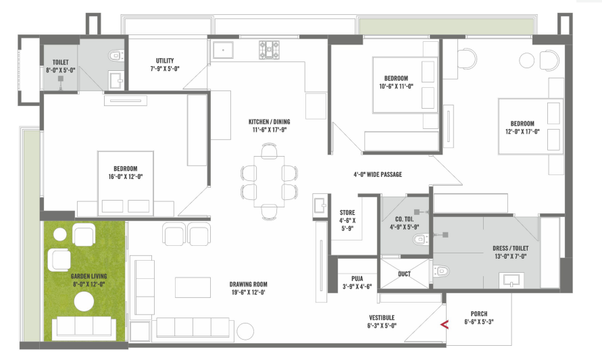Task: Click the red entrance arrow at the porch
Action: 444,325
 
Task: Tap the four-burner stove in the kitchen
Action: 269,50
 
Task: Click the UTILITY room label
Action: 165,61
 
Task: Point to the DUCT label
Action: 404,274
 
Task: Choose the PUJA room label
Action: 357,279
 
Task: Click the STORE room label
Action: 347,213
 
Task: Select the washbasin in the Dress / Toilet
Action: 511,280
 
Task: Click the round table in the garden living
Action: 84,302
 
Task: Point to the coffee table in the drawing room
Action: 193,288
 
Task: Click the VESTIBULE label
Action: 382,317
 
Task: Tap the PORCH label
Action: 479,314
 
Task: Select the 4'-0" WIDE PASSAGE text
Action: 378,175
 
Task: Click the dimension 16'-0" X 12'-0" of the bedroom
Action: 126,177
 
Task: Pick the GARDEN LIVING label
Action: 89,276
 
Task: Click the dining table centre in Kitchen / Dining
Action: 269,181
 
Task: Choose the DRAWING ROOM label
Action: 249,285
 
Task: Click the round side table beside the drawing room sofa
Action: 245,331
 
